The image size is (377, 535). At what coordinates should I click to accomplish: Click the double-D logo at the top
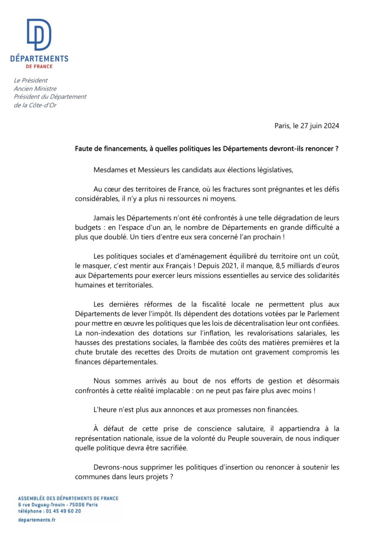(39, 34)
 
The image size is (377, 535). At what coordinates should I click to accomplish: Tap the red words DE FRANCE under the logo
(39, 66)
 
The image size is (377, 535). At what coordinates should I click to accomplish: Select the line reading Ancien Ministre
(35, 89)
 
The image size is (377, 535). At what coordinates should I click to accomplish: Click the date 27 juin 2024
(319, 126)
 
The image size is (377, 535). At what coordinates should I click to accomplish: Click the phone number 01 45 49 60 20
(63, 511)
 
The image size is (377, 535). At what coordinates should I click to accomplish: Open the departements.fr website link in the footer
(37, 520)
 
